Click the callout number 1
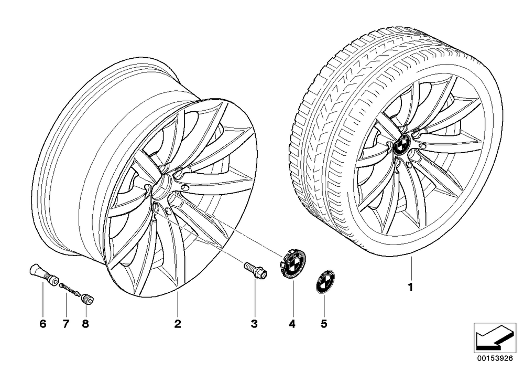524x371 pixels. [410, 287]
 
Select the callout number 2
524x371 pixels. [178, 323]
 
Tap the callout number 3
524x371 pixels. [254, 323]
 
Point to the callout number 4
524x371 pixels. [292, 323]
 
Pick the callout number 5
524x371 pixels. [323, 323]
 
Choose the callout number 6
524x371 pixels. [43, 323]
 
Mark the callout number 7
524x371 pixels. [65, 323]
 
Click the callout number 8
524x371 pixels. [85, 323]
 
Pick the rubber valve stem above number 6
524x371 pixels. [43, 273]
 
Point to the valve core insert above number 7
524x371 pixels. [70, 289]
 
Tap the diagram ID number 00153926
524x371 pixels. [495, 358]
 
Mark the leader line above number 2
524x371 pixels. [178, 303]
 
